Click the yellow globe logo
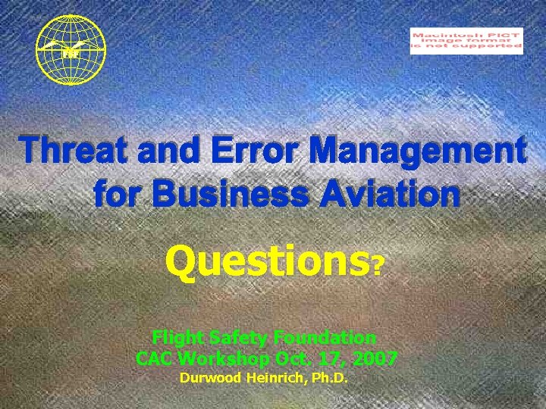pos(71,49)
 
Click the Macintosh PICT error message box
pos(466,40)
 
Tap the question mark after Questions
pos(378,265)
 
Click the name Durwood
pos(208,378)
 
